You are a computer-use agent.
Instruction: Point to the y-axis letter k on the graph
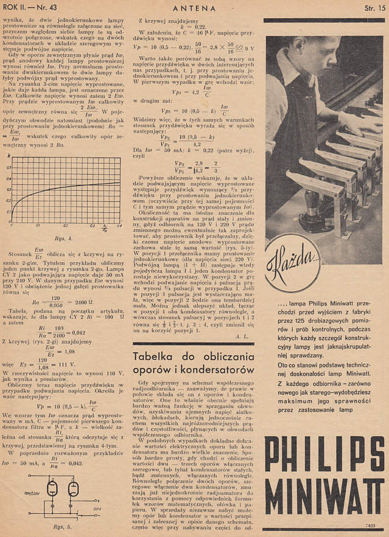coord(9,157)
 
